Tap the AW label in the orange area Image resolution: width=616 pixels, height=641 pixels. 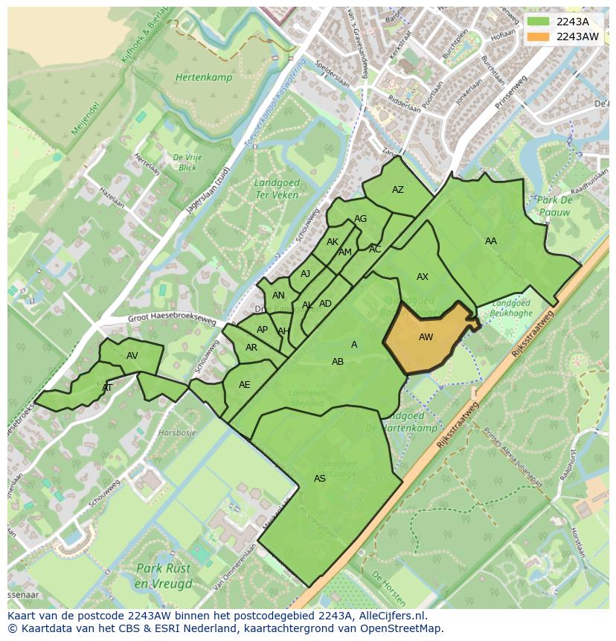pos(426,337)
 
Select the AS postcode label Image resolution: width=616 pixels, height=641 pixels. pos(320,479)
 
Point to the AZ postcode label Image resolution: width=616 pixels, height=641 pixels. pos(398,190)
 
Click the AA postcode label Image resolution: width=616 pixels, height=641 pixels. pos(491,241)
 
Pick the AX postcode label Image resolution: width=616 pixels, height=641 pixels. pos(423,277)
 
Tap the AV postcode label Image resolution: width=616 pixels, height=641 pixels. pos(132,356)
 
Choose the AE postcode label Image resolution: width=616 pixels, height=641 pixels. pos(245,385)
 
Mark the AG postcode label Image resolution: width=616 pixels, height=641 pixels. pos(361,219)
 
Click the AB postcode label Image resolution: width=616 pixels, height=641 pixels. pos(338,362)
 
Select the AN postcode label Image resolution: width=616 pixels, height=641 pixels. pos(278,296)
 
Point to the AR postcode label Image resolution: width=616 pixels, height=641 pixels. pos(251,348)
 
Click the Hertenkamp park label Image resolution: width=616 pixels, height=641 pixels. pos(204,77)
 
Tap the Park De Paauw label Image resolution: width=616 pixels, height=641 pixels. pos(554,206)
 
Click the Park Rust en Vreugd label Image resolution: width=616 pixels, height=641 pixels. pos(163,575)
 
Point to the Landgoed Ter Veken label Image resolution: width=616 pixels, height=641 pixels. pos(277,189)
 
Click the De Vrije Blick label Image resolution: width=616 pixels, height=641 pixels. pos(188,162)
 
